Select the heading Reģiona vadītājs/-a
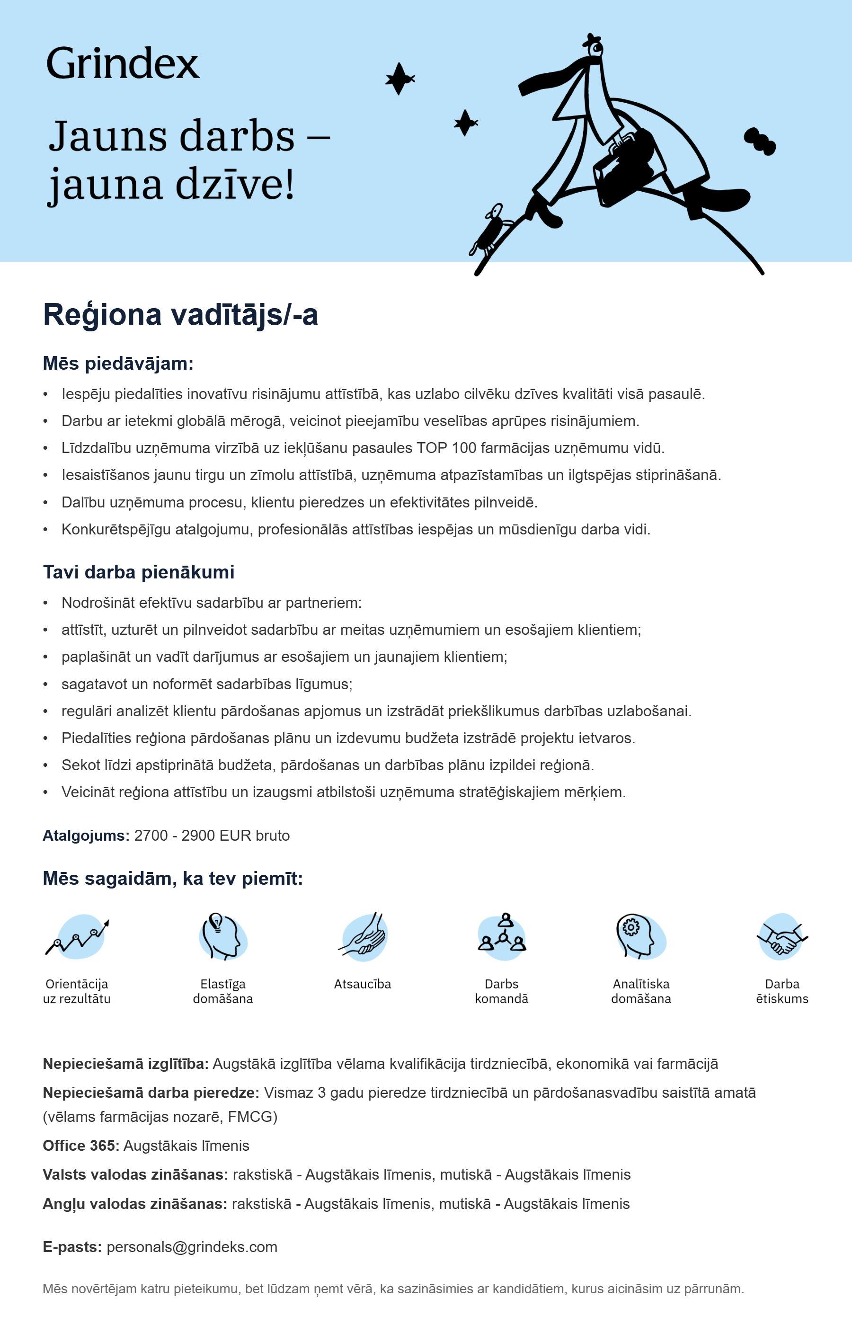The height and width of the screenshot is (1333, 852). [x=180, y=314]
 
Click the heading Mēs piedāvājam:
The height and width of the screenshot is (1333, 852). [x=118, y=364]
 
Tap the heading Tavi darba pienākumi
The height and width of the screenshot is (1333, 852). [x=138, y=572]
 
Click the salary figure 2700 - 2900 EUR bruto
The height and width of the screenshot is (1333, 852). [x=212, y=835]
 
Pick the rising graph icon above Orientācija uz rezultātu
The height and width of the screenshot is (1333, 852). [x=78, y=937]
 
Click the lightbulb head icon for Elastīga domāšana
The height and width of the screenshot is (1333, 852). [x=222, y=937]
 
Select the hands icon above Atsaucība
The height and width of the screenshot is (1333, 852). [x=363, y=937]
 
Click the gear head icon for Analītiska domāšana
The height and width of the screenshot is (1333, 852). [x=640, y=937]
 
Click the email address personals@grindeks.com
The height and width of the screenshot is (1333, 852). [x=192, y=1247]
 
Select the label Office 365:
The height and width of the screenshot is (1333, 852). [x=81, y=1146]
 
